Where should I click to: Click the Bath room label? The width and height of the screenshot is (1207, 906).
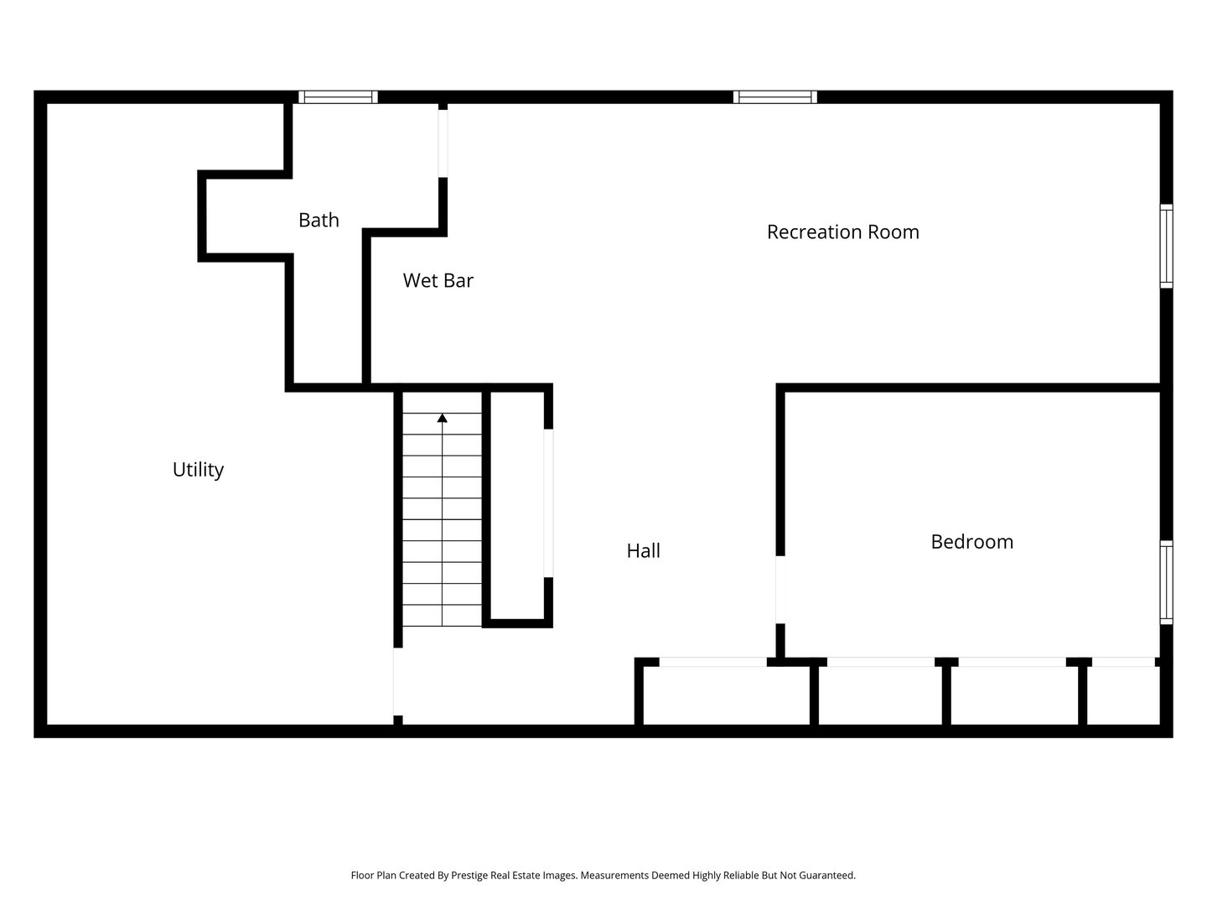pos(319,220)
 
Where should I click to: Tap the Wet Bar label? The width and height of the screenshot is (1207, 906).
pos(438,280)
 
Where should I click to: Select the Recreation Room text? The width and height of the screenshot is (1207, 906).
pos(842,232)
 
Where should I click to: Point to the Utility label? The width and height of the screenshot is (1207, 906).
pos(198,470)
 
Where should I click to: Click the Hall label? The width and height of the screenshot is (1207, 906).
pos(643,550)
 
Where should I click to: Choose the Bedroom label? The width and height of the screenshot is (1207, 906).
pos(971,542)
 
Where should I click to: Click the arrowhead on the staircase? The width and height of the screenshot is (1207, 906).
pos(442,418)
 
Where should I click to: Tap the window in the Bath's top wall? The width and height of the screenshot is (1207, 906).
pos(338,97)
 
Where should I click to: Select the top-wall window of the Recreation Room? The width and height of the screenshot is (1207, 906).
pos(774,97)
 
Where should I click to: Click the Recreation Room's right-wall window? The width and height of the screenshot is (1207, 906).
pos(1166,246)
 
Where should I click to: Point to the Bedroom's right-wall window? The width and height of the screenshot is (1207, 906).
pos(1166,582)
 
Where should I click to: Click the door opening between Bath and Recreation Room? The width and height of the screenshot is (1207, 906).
pos(443,143)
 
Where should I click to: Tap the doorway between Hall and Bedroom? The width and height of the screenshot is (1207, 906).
pos(780,590)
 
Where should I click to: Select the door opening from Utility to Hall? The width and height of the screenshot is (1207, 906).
pos(397,681)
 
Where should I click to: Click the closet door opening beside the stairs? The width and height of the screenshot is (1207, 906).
pos(548,503)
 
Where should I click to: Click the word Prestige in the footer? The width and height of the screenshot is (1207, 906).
pos(469,876)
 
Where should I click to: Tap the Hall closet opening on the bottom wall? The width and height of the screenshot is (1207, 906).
pos(712,663)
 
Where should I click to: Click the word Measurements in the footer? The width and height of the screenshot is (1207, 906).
pos(614,875)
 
